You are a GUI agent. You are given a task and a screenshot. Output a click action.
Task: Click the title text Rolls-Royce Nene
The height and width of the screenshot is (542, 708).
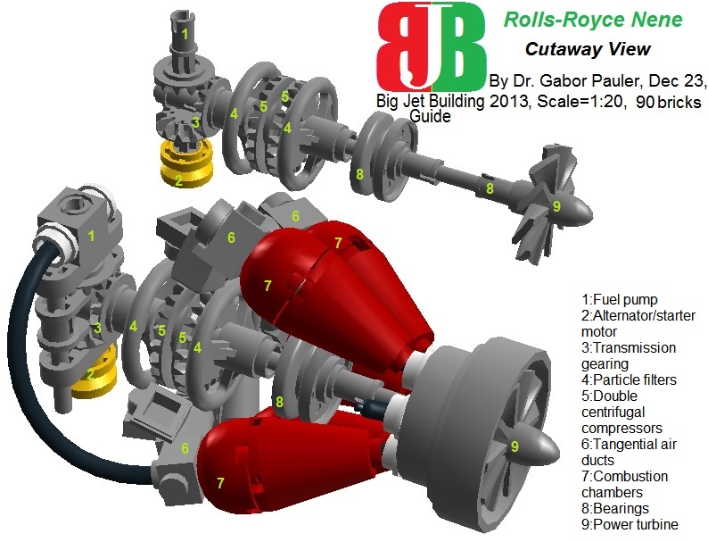point(592,20)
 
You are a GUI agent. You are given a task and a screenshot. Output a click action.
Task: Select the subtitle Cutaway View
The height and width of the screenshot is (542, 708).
point(600,49)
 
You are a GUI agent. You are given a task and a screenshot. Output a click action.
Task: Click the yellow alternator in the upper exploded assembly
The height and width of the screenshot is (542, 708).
point(184,164)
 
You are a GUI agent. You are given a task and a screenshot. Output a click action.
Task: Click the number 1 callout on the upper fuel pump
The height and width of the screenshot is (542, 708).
point(185,34)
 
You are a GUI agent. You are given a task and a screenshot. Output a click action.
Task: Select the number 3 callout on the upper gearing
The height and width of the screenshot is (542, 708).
point(194,121)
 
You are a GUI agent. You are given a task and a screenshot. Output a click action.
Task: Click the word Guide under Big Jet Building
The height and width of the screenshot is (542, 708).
point(432,116)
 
